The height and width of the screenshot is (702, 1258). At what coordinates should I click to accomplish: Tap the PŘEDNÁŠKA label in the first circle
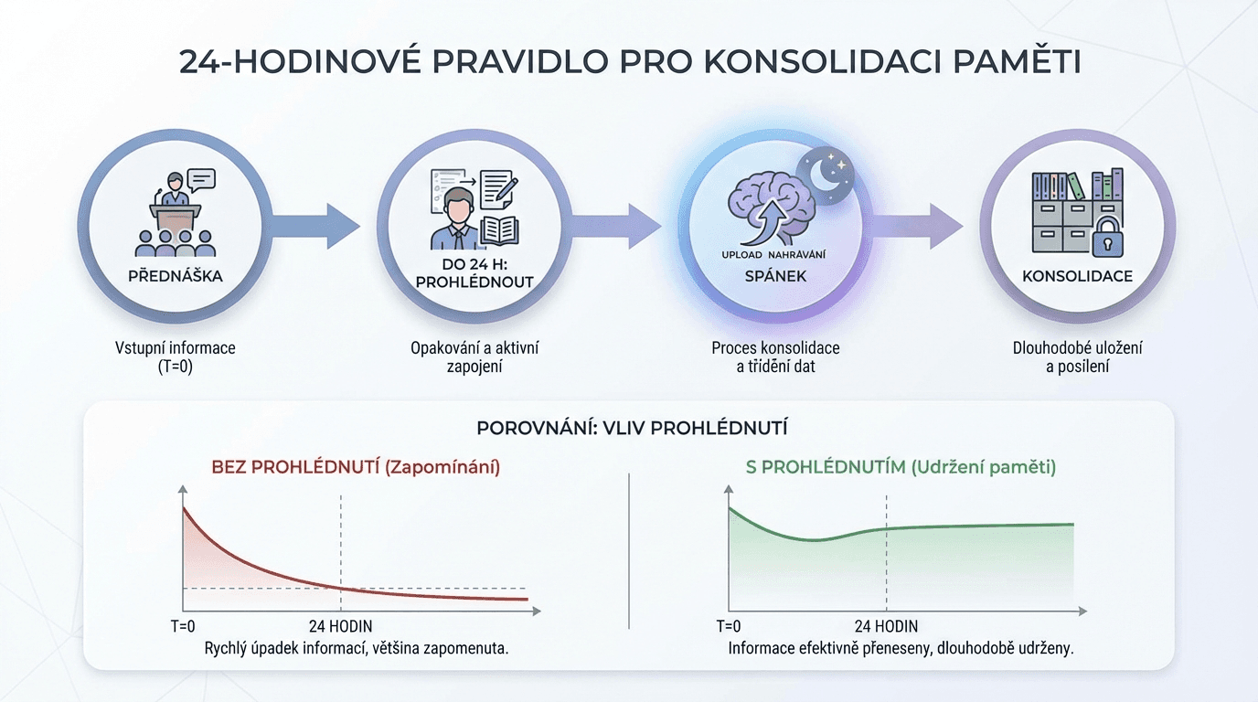pyautogui.click(x=175, y=276)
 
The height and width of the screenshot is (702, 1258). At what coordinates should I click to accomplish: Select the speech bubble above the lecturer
pyautogui.click(x=199, y=179)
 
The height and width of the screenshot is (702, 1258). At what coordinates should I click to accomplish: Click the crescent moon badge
pyautogui.click(x=826, y=173)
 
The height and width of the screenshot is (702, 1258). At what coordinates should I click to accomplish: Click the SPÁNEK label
pyautogui.click(x=776, y=275)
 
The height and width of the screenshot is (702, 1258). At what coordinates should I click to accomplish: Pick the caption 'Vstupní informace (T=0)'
pyautogui.click(x=175, y=357)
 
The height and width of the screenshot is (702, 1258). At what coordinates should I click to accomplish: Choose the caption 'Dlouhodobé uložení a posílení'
pyautogui.click(x=1077, y=357)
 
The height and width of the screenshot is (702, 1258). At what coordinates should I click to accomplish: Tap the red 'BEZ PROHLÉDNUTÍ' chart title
pyautogui.click(x=356, y=467)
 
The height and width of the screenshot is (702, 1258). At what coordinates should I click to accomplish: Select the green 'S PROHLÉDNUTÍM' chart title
pyautogui.click(x=901, y=467)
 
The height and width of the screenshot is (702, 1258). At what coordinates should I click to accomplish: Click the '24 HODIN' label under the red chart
pyautogui.click(x=339, y=626)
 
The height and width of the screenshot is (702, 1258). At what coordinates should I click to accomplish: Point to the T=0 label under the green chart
pyautogui.click(x=729, y=626)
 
